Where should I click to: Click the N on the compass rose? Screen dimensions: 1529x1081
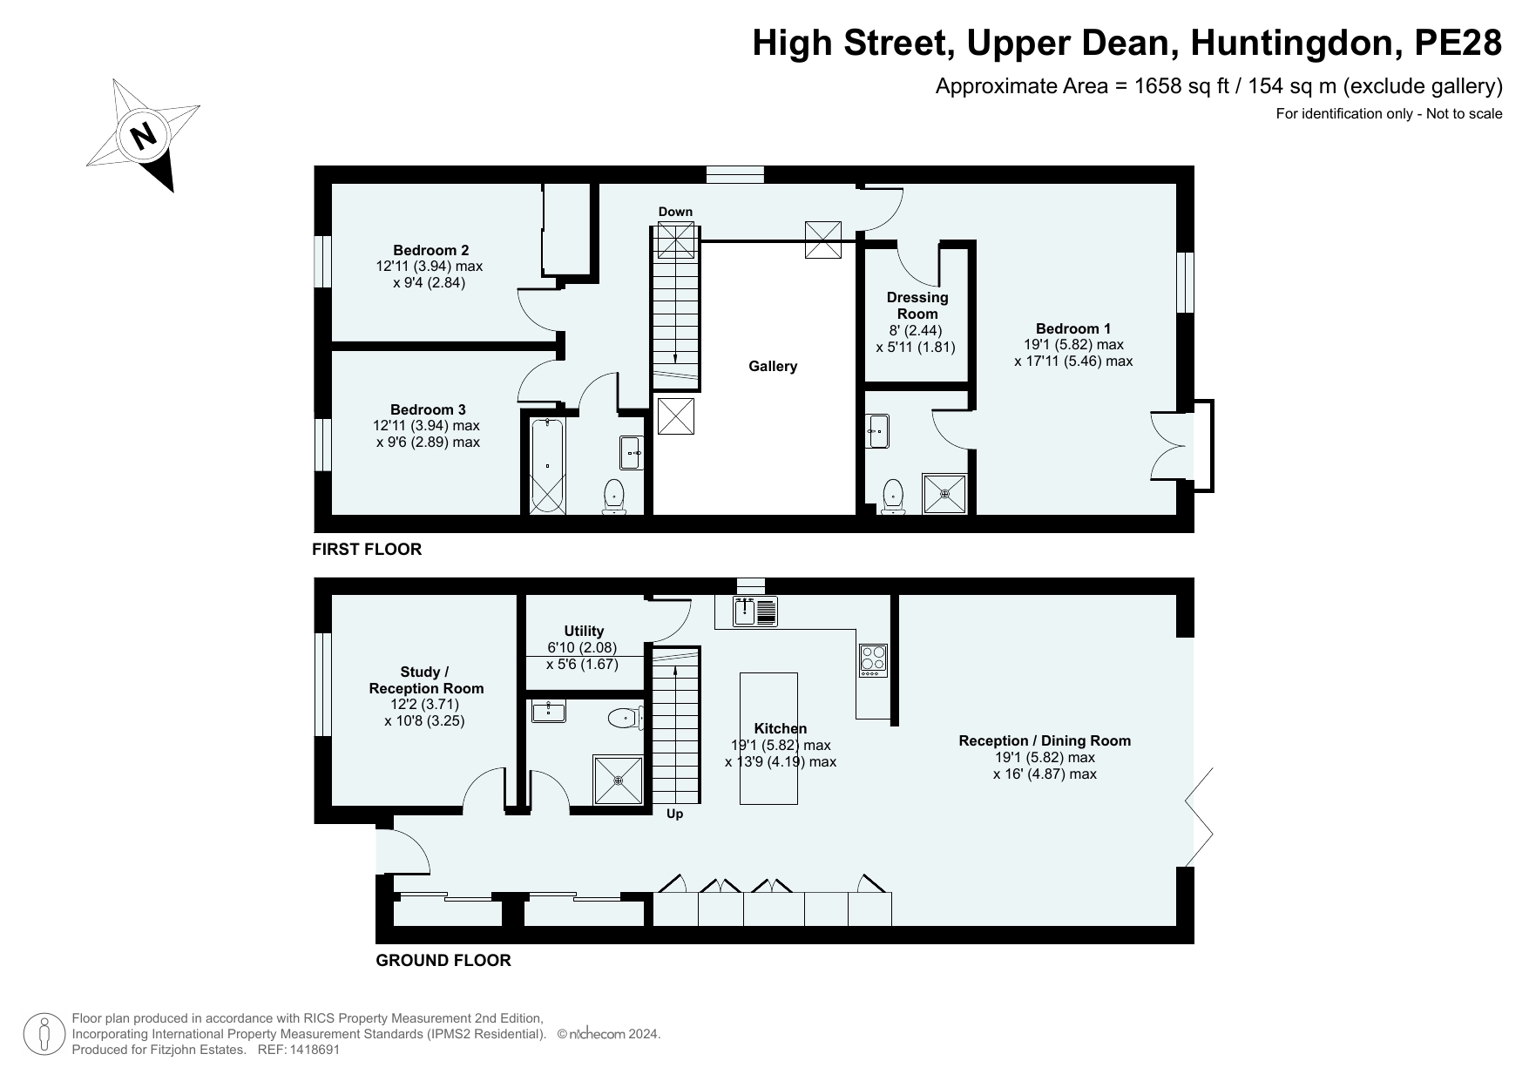tap(143, 135)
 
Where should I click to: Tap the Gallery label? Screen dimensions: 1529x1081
tap(773, 367)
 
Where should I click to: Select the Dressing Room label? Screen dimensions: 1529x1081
tap(917, 306)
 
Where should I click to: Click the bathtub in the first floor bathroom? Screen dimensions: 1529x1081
tap(547, 465)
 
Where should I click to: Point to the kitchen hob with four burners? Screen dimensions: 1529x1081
tap(873, 659)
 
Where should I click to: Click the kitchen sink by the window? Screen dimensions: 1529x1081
tap(755, 611)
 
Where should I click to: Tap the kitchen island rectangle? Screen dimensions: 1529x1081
tap(768, 739)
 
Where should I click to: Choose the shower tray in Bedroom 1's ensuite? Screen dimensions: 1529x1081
tap(945, 494)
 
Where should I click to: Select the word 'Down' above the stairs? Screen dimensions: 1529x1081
tap(675, 212)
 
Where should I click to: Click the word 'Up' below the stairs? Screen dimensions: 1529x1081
tap(674, 814)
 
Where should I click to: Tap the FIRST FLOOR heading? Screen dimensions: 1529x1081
tap(367, 549)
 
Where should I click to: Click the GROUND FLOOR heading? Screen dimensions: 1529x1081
tap(443, 960)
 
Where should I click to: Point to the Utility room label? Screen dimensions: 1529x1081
tap(584, 631)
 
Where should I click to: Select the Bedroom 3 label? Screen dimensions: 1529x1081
tap(428, 409)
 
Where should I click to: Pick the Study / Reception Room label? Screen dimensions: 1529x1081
tap(426, 680)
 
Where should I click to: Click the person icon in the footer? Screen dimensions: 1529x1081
tap(44, 1035)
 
